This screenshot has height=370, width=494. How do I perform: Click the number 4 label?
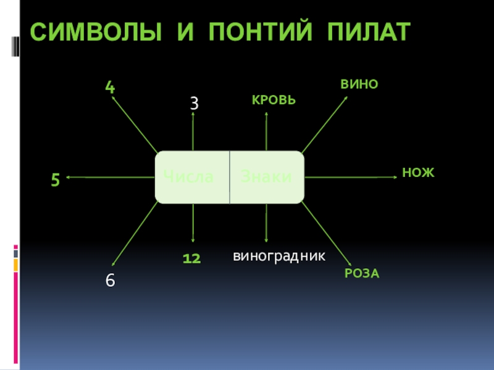(110, 88)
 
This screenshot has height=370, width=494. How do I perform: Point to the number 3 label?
(194, 104)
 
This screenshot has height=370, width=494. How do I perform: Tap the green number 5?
(56, 181)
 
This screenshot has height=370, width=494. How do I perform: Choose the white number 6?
(110, 280)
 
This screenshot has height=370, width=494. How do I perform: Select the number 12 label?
(192, 259)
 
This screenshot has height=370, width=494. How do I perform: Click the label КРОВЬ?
(274, 100)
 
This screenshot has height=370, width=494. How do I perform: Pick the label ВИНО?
(359, 84)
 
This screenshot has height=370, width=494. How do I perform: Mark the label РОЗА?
(362, 273)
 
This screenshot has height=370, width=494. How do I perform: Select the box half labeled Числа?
(192, 177)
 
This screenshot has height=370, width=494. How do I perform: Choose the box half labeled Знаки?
(267, 177)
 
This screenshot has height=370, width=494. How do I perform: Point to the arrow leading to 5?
(111, 177)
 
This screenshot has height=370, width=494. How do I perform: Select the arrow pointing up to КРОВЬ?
(266, 131)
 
